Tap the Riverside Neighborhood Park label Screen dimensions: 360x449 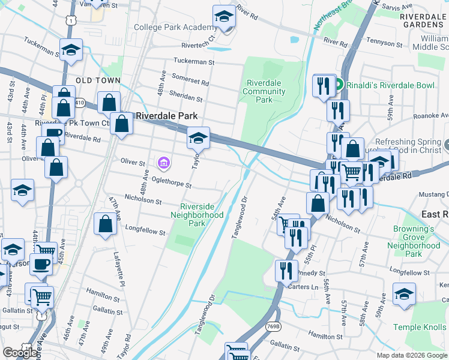[197, 214]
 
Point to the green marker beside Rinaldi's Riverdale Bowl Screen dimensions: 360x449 [338, 85]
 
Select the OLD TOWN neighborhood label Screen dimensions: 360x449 [98, 80]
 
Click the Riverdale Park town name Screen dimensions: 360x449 [163, 116]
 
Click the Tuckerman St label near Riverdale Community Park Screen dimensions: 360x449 [194, 61]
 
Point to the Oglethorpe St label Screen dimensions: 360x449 [172, 181]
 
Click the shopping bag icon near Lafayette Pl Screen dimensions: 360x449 [106, 224]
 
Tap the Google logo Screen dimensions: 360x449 [20, 353]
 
